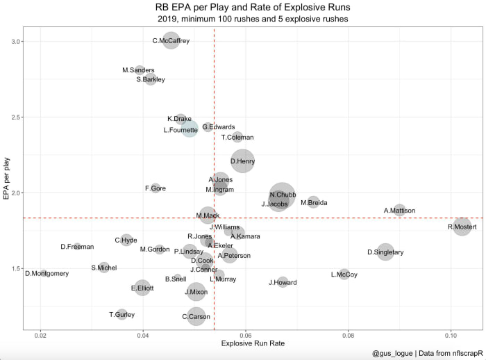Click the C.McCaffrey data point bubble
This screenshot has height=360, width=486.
pyautogui.click(x=171, y=40)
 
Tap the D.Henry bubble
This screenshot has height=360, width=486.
pyautogui.click(x=242, y=161)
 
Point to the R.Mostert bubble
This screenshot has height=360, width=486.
pyautogui.click(x=462, y=226)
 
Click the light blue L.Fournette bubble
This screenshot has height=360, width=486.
pyautogui.click(x=189, y=129)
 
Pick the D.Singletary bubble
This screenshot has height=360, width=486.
pyautogui.click(x=385, y=252)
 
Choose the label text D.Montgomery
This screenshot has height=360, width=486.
pyautogui.click(x=47, y=274)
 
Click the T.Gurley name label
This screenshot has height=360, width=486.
pyautogui.click(x=121, y=315)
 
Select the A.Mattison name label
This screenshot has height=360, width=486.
pyautogui.click(x=399, y=211)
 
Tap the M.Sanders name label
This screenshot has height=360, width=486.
pyautogui.click(x=138, y=70)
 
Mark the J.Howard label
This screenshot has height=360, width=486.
pyautogui.click(x=283, y=283)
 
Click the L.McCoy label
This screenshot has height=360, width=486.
pyautogui.click(x=344, y=275)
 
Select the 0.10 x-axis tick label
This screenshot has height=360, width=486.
pyautogui.click(x=450, y=336)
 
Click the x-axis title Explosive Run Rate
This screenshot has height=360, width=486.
pyautogui.click(x=253, y=345)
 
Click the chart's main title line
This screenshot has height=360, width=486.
pyautogui.click(x=253, y=7)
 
